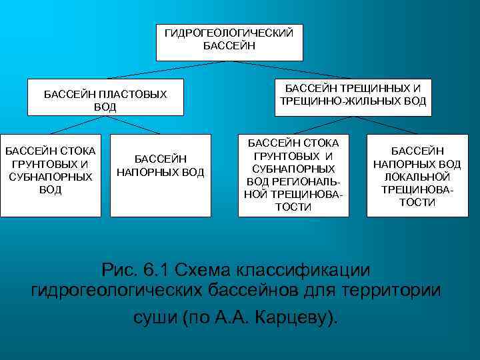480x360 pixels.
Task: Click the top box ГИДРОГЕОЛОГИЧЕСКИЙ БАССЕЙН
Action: [229, 42]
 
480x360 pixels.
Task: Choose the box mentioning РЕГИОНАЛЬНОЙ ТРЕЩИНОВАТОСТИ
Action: [293, 175]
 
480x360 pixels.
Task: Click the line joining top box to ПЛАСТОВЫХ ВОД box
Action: [167, 71]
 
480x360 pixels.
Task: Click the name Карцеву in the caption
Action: [300, 317]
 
